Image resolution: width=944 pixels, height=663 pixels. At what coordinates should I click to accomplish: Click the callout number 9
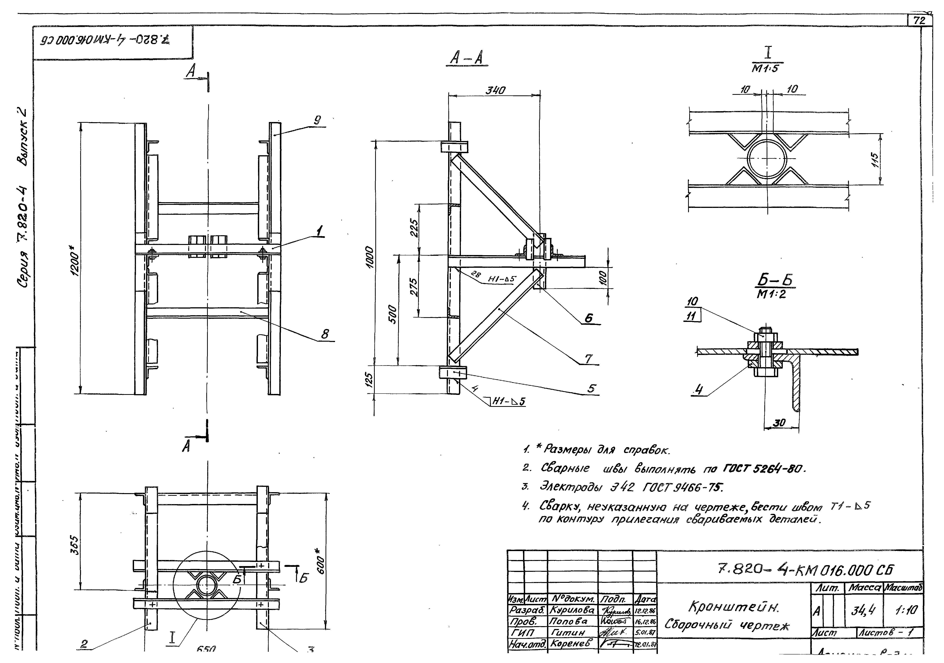click(317, 120)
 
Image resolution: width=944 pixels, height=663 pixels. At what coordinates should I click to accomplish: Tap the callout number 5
click(591, 388)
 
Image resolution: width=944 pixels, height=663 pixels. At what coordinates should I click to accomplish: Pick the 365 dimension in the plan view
click(75, 545)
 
